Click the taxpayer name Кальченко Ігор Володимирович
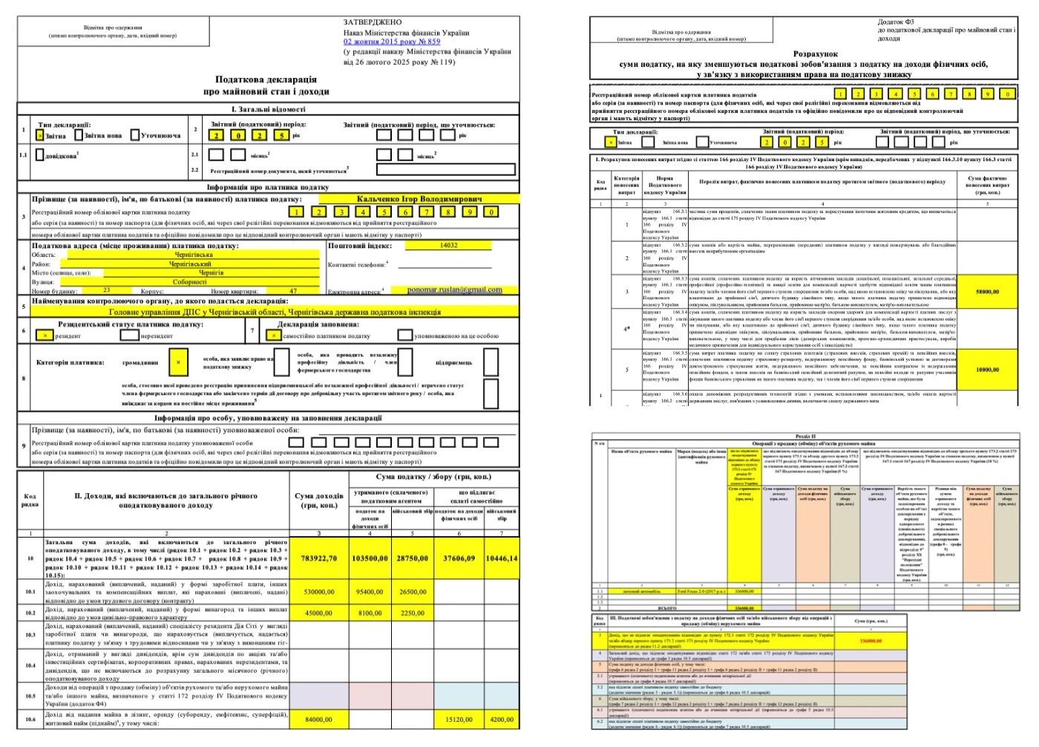(x=419, y=199)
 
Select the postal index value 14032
(x=448, y=245)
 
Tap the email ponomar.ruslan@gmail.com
(x=454, y=290)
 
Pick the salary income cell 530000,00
(x=319, y=592)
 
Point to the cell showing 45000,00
(x=319, y=613)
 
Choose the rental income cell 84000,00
(x=319, y=719)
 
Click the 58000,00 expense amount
(x=987, y=292)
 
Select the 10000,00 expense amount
(x=987, y=369)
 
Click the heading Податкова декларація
(x=266, y=79)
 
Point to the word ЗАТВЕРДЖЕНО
(x=373, y=22)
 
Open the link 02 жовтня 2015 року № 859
(x=391, y=42)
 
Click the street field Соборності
(x=190, y=281)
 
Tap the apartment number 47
(x=293, y=291)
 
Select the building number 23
(x=107, y=291)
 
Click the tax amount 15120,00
(x=459, y=719)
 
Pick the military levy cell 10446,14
(x=502, y=558)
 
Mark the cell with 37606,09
(x=459, y=558)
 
